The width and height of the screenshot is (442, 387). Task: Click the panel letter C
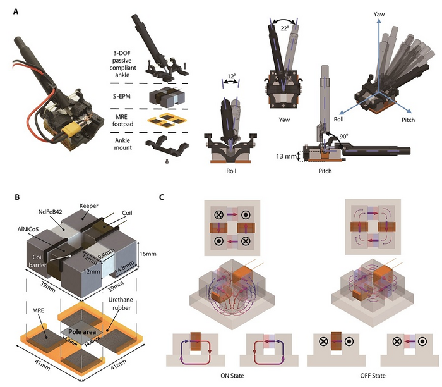coord(164,197)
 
